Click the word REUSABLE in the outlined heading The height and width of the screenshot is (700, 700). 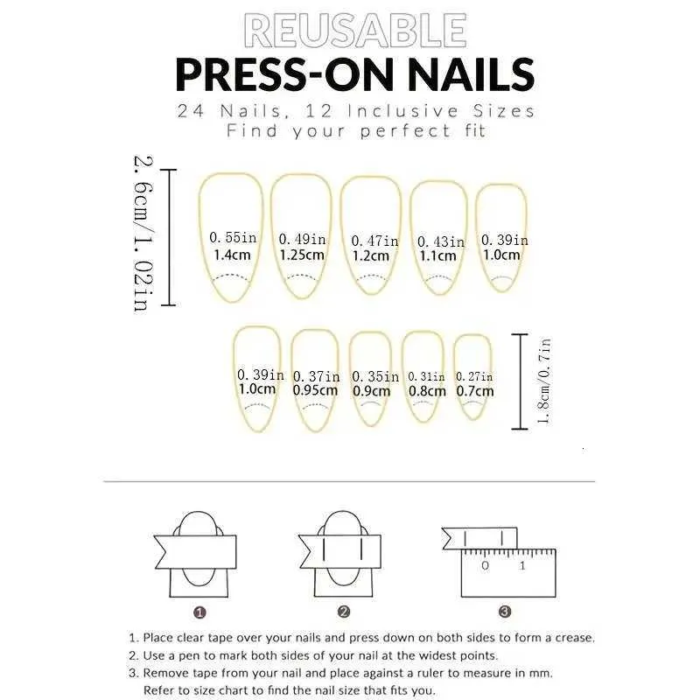click(355, 31)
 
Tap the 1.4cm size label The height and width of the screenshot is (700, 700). click(232, 255)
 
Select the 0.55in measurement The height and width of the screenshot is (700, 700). click(233, 237)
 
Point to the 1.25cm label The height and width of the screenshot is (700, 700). click(302, 255)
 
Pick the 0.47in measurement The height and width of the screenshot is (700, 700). click(374, 241)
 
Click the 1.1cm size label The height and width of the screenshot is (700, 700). click(437, 255)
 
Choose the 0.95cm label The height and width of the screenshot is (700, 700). click(315, 390)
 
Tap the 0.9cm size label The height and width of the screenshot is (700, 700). click(371, 391)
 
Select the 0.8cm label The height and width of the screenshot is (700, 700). click(427, 391)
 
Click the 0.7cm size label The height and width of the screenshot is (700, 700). click(475, 391)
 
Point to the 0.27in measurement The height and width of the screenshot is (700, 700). click(474, 377)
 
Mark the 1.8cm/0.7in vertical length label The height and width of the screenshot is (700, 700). click(543, 381)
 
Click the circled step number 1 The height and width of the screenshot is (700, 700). click(199, 612)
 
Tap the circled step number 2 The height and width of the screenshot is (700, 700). click(343, 612)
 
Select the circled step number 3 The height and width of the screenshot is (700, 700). click(505, 611)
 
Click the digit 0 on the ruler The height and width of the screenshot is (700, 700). click(486, 566)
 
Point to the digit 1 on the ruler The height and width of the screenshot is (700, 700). click(522, 566)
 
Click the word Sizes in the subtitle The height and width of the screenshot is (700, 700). click(504, 111)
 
